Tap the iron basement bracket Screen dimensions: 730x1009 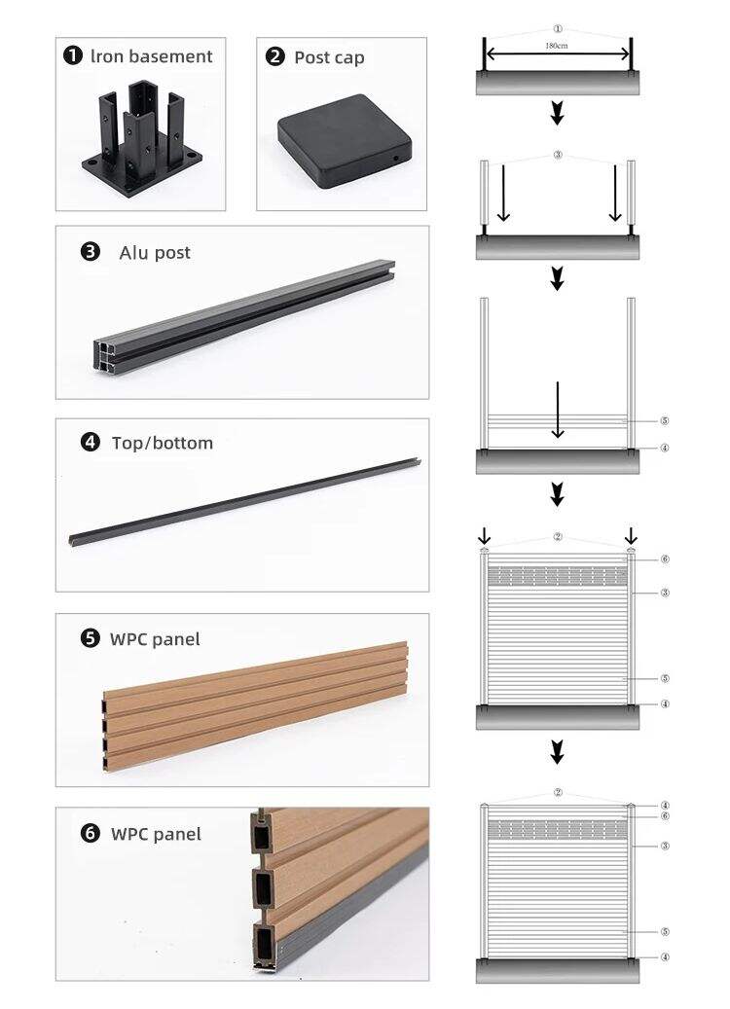pyautogui.click(x=142, y=138)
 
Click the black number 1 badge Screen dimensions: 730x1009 pyautogui.click(x=73, y=55)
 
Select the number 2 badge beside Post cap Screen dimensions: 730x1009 pyautogui.click(x=274, y=56)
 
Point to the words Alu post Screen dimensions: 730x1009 pyautogui.click(x=155, y=253)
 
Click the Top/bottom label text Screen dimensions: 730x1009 pyautogui.click(x=163, y=443)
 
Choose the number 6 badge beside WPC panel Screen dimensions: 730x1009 pyautogui.click(x=91, y=833)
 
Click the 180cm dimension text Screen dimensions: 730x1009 pyautogui.click(x=556, y=46)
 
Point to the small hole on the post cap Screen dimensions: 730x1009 pyautogui.click(x=395, y=158)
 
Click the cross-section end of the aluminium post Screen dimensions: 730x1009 pyautogui.click(x=105, y=356)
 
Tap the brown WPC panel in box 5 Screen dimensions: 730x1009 pyautogui.click(x=255, y=705)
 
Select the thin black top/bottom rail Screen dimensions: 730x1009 pyautogui.click(x=244, y=502)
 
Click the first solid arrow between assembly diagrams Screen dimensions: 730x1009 pyautogui.click(x=558, y=113)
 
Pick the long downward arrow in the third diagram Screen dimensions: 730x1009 pyautogui.click(x=558, y=410)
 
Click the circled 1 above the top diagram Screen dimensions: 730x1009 pyautogui.click(x=558, y=29)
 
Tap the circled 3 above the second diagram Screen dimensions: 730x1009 pyautogui.click(x=558, y=155)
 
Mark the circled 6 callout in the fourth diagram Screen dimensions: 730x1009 pyautogui.click(x=665, y=559)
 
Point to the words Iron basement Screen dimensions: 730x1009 pyautogui.click(x=151, y=56)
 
